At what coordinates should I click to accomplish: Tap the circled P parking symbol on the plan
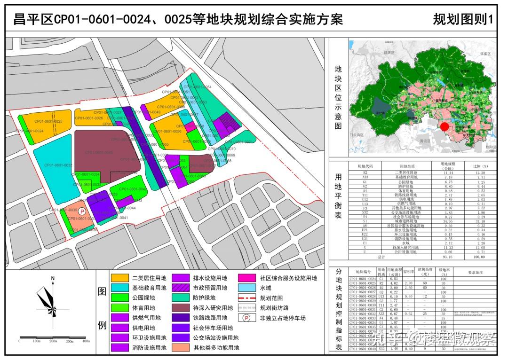click(82, 212)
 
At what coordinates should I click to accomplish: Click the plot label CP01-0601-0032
click(58, 165)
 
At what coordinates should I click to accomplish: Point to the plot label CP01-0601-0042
click(133, 189)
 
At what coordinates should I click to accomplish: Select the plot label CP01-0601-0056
click(167, 132)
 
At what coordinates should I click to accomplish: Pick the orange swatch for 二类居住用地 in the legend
click(119, 278)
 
